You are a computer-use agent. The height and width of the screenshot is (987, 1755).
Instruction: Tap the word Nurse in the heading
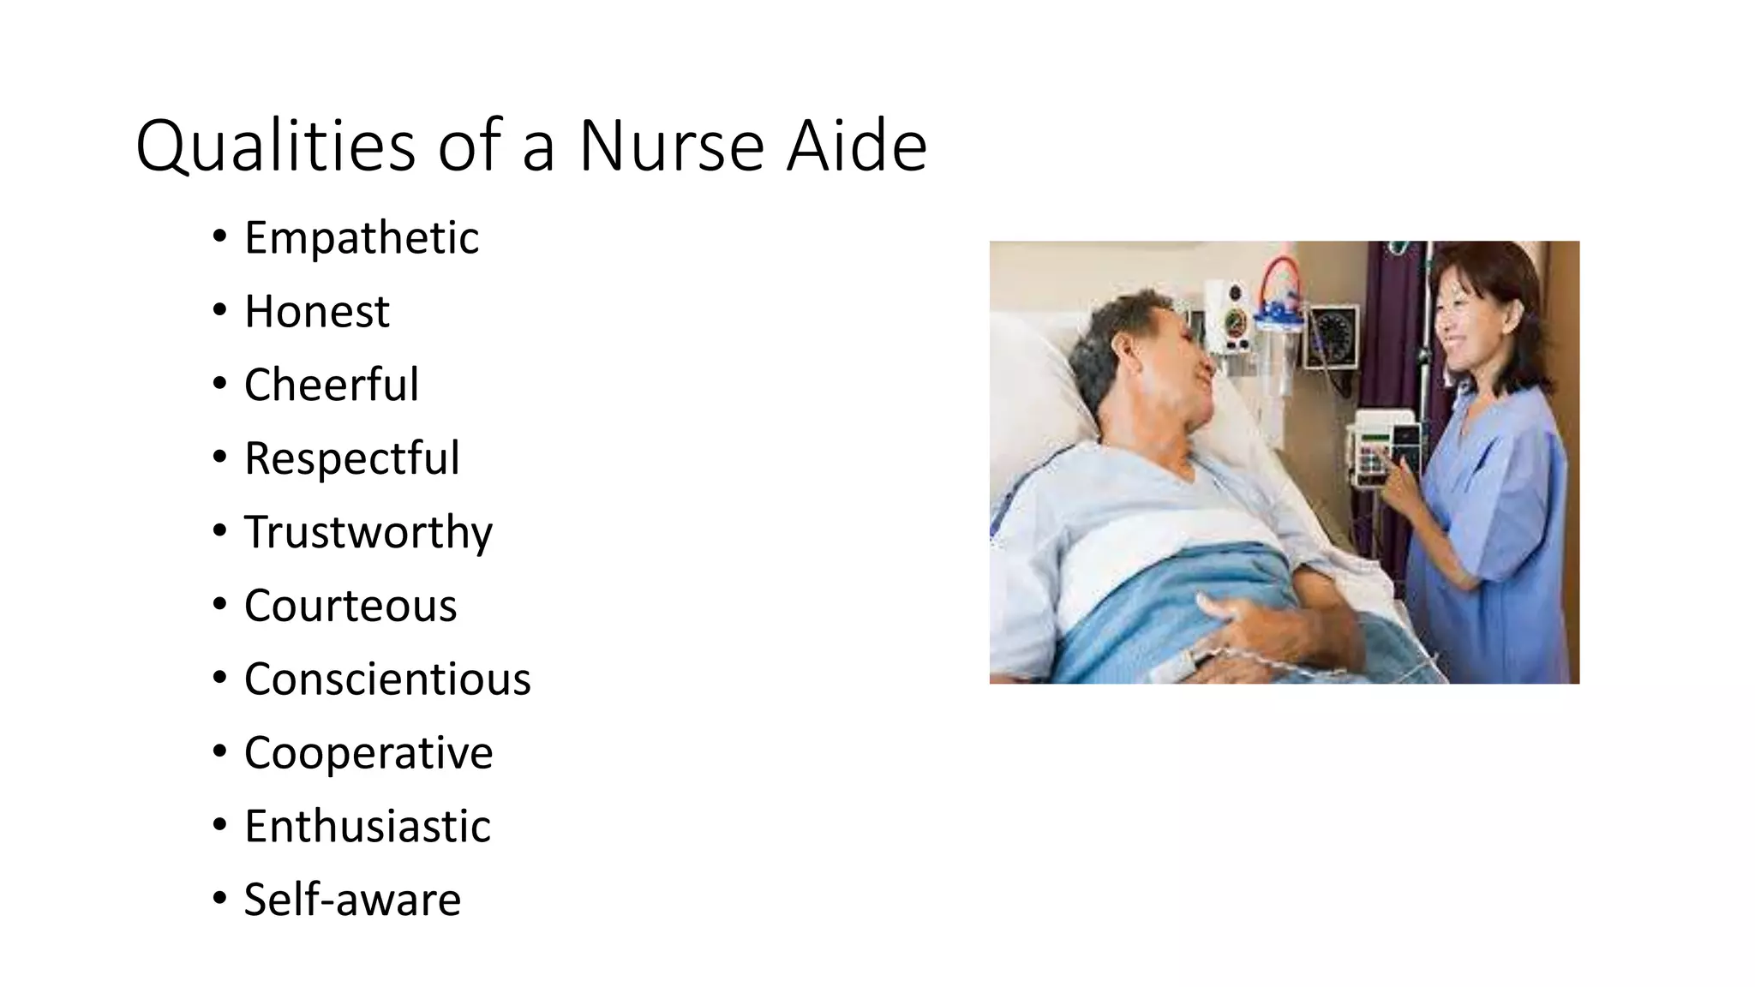671,146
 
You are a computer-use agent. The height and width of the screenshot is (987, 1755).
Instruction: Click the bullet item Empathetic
361,237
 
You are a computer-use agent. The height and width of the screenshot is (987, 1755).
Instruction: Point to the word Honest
316,311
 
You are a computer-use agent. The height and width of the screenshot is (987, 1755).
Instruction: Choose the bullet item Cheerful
331,385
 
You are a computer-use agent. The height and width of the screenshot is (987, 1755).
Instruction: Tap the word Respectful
351,458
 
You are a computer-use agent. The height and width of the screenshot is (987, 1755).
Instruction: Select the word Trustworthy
368,532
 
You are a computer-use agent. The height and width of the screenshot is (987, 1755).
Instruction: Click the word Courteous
350,606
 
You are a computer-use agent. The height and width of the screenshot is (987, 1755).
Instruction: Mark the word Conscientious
386,679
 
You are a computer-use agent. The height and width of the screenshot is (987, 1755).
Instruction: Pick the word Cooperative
368,753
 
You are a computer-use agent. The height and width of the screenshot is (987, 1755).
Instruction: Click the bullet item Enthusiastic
367,827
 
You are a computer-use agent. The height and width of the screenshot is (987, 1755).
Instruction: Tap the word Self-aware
351,900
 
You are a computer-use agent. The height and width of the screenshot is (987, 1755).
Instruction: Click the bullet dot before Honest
220,310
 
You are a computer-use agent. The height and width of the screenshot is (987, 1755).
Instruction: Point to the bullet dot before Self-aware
220,899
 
